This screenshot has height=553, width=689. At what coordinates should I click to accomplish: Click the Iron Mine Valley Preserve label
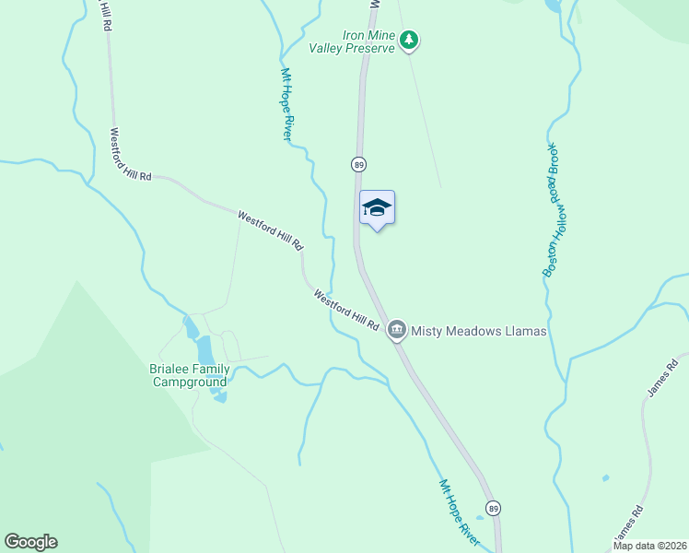click(368, 41)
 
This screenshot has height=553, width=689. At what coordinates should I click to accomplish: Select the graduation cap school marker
click(377, 207)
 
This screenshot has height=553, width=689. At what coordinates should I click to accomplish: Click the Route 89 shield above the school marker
click(358, 164)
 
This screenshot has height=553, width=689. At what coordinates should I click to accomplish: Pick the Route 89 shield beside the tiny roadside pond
click(495, 509)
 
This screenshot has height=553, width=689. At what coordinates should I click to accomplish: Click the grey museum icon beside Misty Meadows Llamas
click(397, 329)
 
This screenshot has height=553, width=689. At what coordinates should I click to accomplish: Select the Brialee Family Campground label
click(189, 375)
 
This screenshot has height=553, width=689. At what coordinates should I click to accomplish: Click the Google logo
click(30, 542)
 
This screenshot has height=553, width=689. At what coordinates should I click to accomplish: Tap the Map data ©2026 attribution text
click(649, 546)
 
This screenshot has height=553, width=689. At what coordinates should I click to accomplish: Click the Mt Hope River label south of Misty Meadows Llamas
click(459, 512)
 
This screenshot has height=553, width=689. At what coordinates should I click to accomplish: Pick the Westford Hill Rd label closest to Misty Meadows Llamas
click(346, 311)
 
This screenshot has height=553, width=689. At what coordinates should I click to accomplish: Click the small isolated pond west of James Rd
click(604, 477)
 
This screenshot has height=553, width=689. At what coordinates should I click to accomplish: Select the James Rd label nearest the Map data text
click(627, 524)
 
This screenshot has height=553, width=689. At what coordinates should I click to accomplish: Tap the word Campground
click(189, 382)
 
